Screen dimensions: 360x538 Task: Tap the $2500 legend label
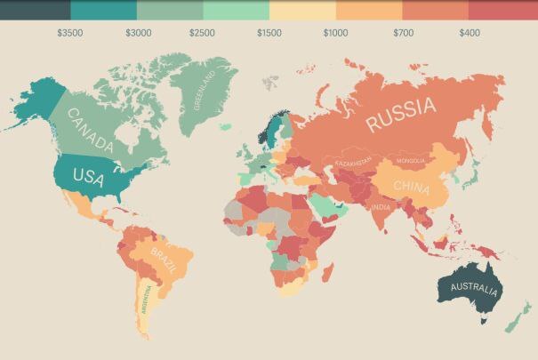[202, 33]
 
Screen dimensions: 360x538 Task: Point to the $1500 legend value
[269, 33]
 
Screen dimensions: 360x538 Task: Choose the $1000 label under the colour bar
[335, 33]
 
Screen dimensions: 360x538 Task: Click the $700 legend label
[403, 33]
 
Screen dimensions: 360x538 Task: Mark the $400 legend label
[470, 33]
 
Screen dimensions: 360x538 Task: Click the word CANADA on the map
[91, 131]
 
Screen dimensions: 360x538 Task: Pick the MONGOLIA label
[410, 161]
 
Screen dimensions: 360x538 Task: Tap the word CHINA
[410, 188]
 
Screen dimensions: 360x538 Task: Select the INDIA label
[381, 207]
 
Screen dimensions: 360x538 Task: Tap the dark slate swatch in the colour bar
[36, 10]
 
